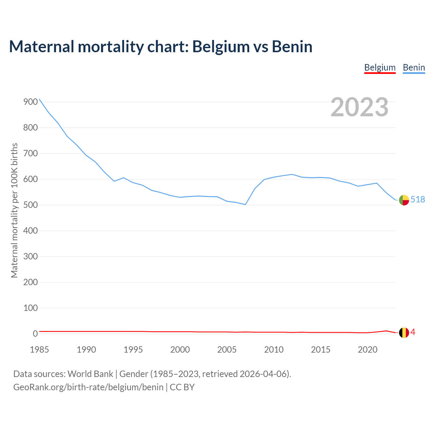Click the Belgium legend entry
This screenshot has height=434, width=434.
coord(380,67)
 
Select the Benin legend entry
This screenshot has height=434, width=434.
coord(414,67)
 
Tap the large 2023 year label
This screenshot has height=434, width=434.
coord(359,107)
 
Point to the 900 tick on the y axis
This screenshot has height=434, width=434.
coord(31,102)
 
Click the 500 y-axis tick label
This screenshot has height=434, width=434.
coord(31,205)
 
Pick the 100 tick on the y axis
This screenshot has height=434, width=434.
coord(31,308)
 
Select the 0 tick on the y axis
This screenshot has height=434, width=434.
coord(35,334)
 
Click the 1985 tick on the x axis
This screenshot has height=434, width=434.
coord(39,350)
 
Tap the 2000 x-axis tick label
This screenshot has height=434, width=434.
coord(180,350)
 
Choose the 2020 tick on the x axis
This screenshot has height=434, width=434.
coord(368,350)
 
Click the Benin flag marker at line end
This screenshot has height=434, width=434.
coord(404,200)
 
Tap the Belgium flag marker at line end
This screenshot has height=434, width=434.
coord(404,333)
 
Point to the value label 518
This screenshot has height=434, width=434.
coord(418,199)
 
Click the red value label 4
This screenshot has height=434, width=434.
coord(413,332)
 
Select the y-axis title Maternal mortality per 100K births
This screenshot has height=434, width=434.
coord(14,210)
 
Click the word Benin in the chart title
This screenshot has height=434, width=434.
coord(292,47)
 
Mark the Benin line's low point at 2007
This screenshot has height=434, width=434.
coord(245,204)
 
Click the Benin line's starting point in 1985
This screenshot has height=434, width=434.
coord(39,99)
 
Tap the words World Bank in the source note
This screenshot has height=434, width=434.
coord(90,374)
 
